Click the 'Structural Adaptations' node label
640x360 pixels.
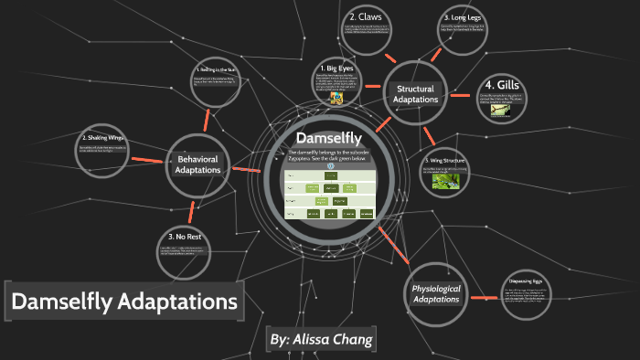point(415,93)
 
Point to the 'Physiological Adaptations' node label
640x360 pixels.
point(435,293)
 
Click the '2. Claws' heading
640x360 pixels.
point(365,17)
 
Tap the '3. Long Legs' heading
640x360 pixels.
point(462,17)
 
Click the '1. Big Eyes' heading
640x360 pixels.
point(339,68)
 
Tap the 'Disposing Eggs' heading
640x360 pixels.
point(527,281)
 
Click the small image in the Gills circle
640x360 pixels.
point(501,110)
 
